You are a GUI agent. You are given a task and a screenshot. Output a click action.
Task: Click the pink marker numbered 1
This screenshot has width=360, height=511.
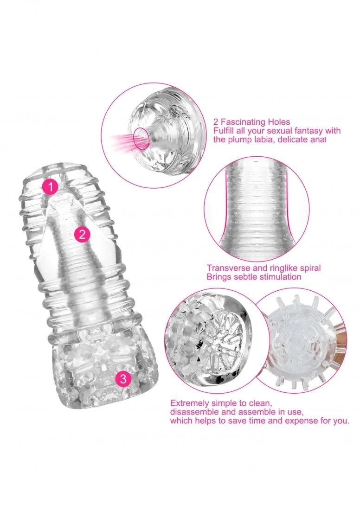pyautogui.click(x=51, y=187)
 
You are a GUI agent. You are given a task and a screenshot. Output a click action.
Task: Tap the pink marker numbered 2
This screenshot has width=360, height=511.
pyautogui.click(x=82, y=234)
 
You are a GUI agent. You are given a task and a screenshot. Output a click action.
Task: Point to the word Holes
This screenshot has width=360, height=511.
pyautogui.click(x=278, y=122)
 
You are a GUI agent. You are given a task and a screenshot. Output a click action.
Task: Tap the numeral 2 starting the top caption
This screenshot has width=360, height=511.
pyautogui.click(x=216, y=122)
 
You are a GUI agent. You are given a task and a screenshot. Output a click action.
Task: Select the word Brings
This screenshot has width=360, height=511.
pyautogui.click(x=219, y=277)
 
